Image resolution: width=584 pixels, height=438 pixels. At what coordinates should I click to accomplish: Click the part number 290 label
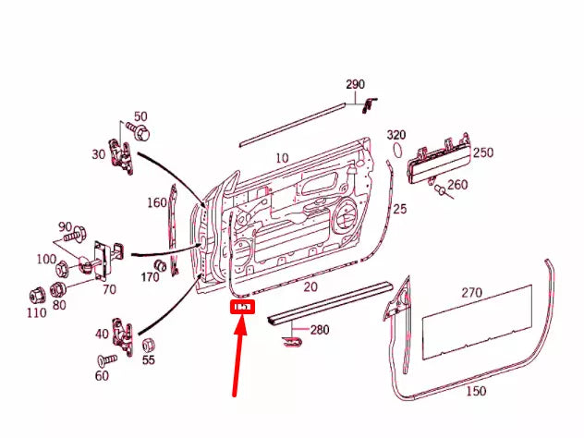(x=356, y=85)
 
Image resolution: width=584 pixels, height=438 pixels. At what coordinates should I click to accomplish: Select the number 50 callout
(x=140, y=116)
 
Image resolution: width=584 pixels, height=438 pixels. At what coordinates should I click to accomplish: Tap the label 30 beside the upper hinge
(x=98, y=154)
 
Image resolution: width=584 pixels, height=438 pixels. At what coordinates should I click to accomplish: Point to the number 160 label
(x=156, y=203)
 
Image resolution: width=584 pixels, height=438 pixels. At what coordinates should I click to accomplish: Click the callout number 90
(x=65, y=227)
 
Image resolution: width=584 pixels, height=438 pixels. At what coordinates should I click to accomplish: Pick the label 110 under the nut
(x=36, y=313)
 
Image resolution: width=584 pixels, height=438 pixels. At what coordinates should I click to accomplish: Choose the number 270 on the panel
(x=471, y=293)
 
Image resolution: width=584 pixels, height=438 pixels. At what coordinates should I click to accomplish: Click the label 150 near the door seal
(x=475, y=391)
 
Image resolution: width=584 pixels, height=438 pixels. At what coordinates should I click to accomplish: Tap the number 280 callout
(x=319, y=330)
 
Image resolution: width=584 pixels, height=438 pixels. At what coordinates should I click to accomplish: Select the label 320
(x=396, y=135)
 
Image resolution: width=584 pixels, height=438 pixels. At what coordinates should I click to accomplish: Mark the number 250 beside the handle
(x=482, y=152)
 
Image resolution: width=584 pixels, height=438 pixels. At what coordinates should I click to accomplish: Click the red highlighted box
(x=243, y=307)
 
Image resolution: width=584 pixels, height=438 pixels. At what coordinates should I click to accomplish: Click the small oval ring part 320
(x=397, y=151)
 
